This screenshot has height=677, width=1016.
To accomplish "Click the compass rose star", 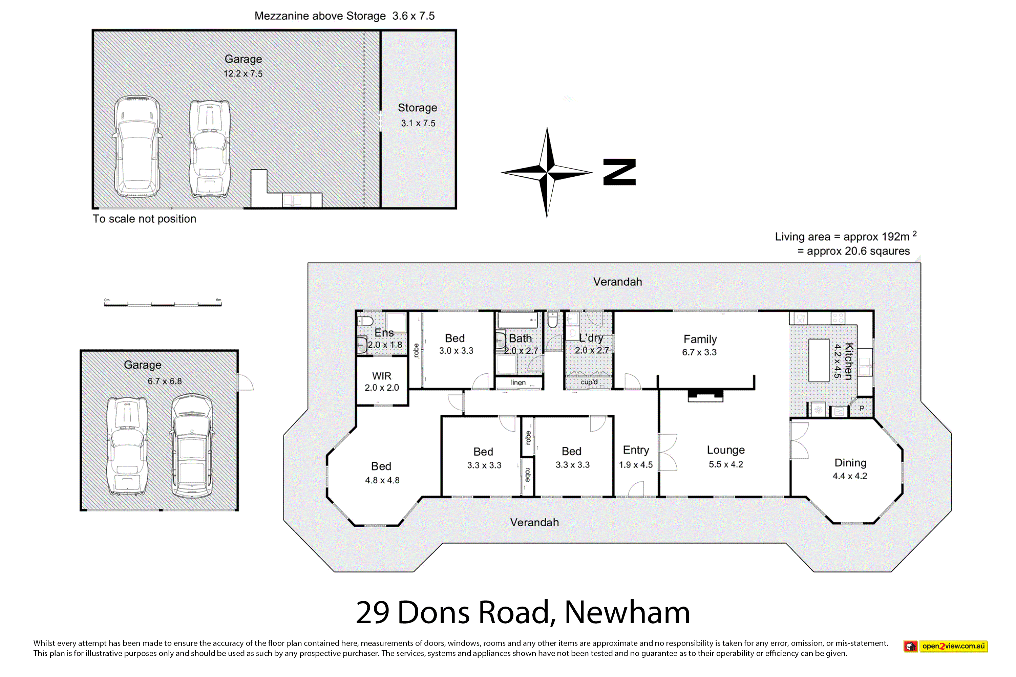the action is click(547, 172).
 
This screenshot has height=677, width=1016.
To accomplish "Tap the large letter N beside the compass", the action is click(619, 172).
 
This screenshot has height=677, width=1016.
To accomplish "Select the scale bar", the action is click(163, 304).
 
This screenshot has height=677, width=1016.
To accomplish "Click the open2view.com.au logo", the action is click(946, 646).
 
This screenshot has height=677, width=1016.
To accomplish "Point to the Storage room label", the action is click(417, 108).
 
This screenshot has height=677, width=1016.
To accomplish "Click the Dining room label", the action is click(850, 463).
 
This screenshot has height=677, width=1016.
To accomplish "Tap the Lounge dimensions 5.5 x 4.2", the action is click(726, 464).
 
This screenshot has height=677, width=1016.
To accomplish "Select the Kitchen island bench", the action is click(819, 361).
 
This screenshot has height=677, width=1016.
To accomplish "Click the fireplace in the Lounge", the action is click(705, 395).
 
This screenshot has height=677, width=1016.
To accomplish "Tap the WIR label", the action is click(381, 376).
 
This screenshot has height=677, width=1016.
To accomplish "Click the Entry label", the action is click(636, 450).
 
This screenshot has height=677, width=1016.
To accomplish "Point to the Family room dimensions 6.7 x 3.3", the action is click(699, 352).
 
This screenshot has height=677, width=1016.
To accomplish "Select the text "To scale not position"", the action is click(144, 219).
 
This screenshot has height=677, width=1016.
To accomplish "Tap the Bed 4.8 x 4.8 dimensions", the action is click(382, 480).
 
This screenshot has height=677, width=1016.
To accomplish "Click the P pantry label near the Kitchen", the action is click(862, 408).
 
